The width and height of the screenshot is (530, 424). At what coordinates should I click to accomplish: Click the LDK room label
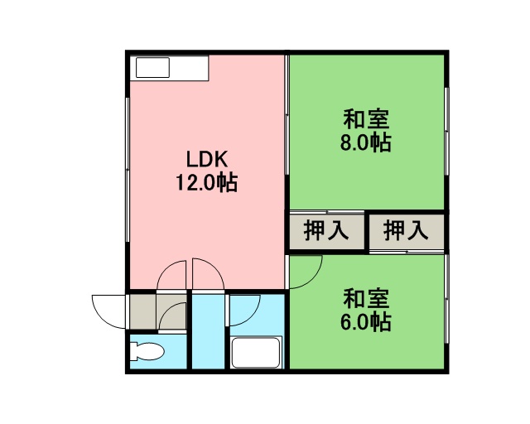[x=207, y=159]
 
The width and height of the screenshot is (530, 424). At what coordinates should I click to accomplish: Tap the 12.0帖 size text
[x=206, y=183]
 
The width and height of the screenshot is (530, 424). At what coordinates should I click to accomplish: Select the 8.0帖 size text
[x=366, y=143]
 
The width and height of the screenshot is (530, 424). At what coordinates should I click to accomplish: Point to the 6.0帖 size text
[x=366, y=322]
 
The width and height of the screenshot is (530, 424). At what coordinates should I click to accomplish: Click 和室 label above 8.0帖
[x=366, y=119]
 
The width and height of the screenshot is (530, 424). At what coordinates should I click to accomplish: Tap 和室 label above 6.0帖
[x=366, y=298]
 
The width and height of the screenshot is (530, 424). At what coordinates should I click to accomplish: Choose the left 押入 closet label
[x=326, y=230]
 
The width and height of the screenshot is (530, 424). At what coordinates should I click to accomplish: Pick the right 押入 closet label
[x=406, y=230]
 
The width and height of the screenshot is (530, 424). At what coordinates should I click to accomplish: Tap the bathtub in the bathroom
[x=256, y=353]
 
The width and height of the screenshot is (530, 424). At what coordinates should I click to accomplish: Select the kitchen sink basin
[x=152, y=67]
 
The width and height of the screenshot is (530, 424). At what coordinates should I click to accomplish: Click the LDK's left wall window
[x=128, y=170]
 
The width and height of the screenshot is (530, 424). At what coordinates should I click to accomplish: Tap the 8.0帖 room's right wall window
[x=446, y=131]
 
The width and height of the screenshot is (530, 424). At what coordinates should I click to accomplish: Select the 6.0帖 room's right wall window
[x=446, y=299]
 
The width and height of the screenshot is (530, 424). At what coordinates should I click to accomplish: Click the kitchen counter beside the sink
[x=189, y=68]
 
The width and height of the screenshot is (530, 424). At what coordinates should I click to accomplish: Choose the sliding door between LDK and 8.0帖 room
[x=287, y=115]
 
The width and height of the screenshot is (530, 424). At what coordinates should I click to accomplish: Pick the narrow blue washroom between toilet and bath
[x=209, y=331]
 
